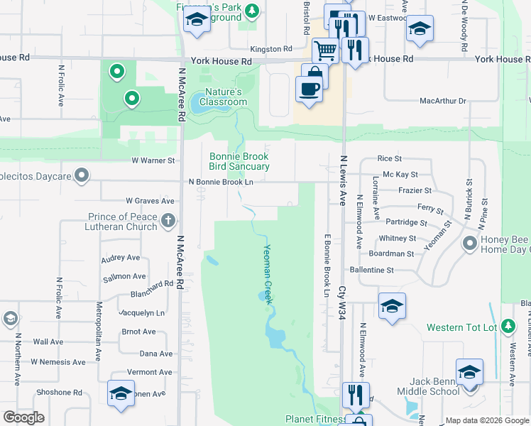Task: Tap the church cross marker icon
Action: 168,220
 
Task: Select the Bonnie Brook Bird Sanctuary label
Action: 239,162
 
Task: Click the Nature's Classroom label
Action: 224,97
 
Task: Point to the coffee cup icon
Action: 308,89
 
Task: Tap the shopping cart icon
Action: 325,50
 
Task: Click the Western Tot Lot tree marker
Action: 508,326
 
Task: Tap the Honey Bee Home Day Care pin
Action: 469,244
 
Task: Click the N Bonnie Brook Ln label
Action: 221,182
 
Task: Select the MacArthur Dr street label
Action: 442,102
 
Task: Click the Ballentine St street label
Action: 371,271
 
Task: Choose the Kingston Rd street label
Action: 271,49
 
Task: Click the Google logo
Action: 24,417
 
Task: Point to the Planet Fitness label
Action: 314,420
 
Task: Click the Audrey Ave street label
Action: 121,258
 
